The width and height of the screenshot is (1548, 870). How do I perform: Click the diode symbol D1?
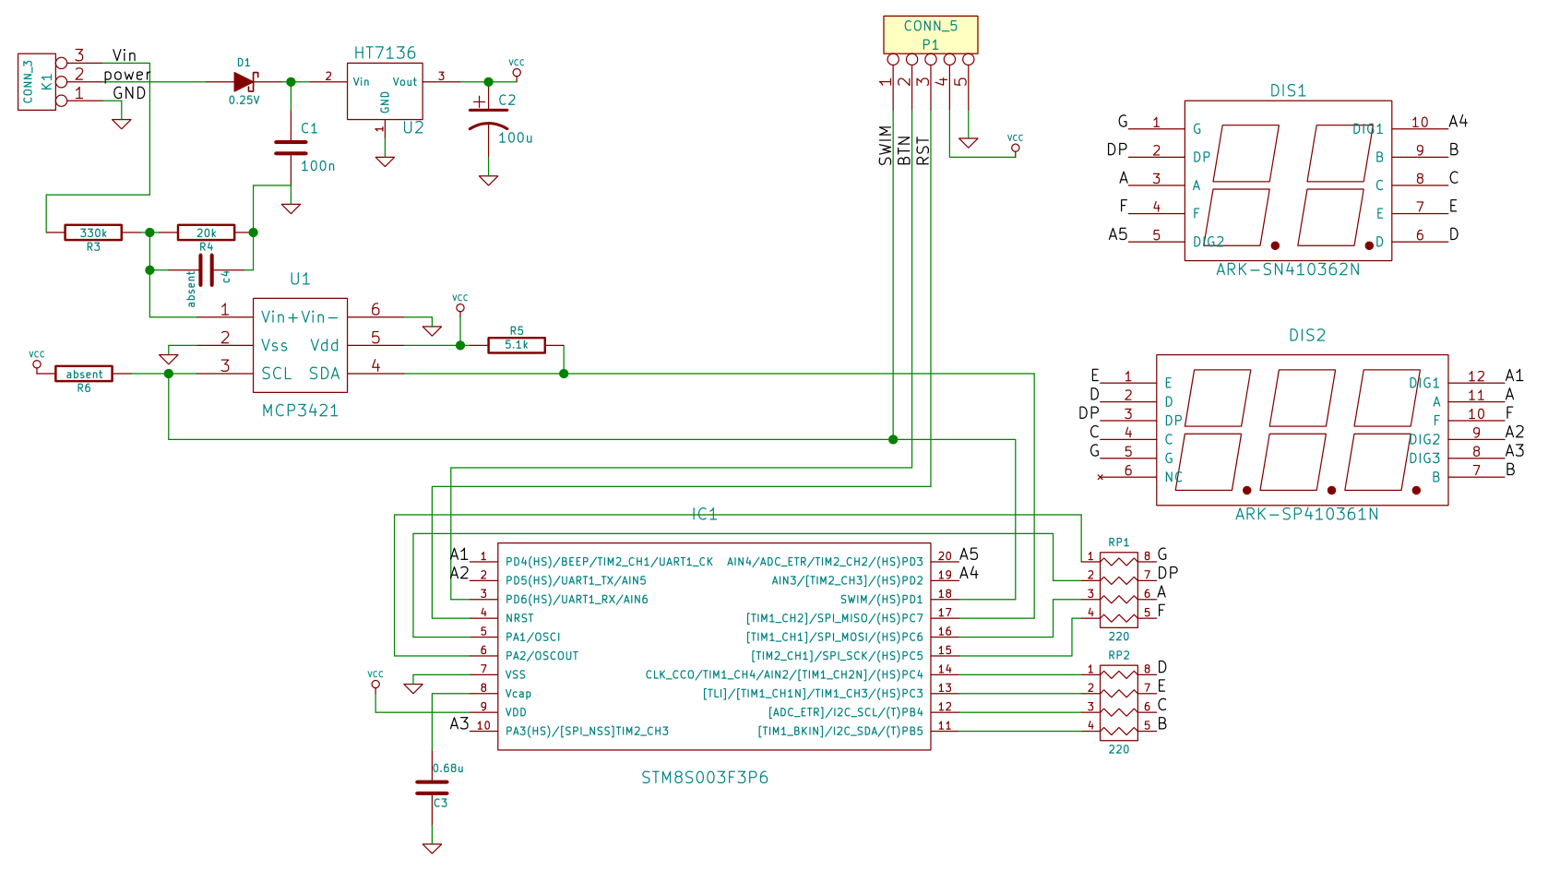(x=244, y=82)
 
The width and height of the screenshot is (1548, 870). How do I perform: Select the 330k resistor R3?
(x=93, y=233)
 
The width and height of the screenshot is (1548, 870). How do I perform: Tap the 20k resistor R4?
(x=206, y=233)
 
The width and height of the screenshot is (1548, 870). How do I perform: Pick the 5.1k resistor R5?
(x=517, y=345)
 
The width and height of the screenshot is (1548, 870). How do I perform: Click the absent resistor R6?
(x=84, y=374)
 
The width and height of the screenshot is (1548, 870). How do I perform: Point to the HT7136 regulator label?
(x=385, y=54)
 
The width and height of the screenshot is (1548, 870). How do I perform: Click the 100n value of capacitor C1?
(x=318, y=166)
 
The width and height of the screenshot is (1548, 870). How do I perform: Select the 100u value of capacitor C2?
(x=516, y=138)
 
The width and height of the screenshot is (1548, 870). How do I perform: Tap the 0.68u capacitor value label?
(x=448, y=768)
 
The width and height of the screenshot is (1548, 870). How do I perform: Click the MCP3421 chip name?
(x=300, y=411)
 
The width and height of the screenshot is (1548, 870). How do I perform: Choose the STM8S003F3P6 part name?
(x=705, y=778)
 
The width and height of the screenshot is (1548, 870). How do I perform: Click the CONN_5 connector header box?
(x=930, y=35)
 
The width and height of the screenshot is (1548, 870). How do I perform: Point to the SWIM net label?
(x=886, y=146)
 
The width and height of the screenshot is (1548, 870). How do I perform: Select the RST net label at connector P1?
(x=923, y=150)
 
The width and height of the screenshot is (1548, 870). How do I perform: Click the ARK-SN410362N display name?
(x=1288, y=269)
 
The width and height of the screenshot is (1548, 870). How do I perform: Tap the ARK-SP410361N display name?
(x=1306, y=514)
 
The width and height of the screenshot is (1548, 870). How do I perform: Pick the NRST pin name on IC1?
(x=519, y=618)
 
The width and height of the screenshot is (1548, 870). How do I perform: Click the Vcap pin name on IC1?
(x=518, y=694)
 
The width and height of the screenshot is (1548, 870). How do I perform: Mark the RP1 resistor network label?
(x=1118, y=542)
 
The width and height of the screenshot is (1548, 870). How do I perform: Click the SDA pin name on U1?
(x=324, y=374)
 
